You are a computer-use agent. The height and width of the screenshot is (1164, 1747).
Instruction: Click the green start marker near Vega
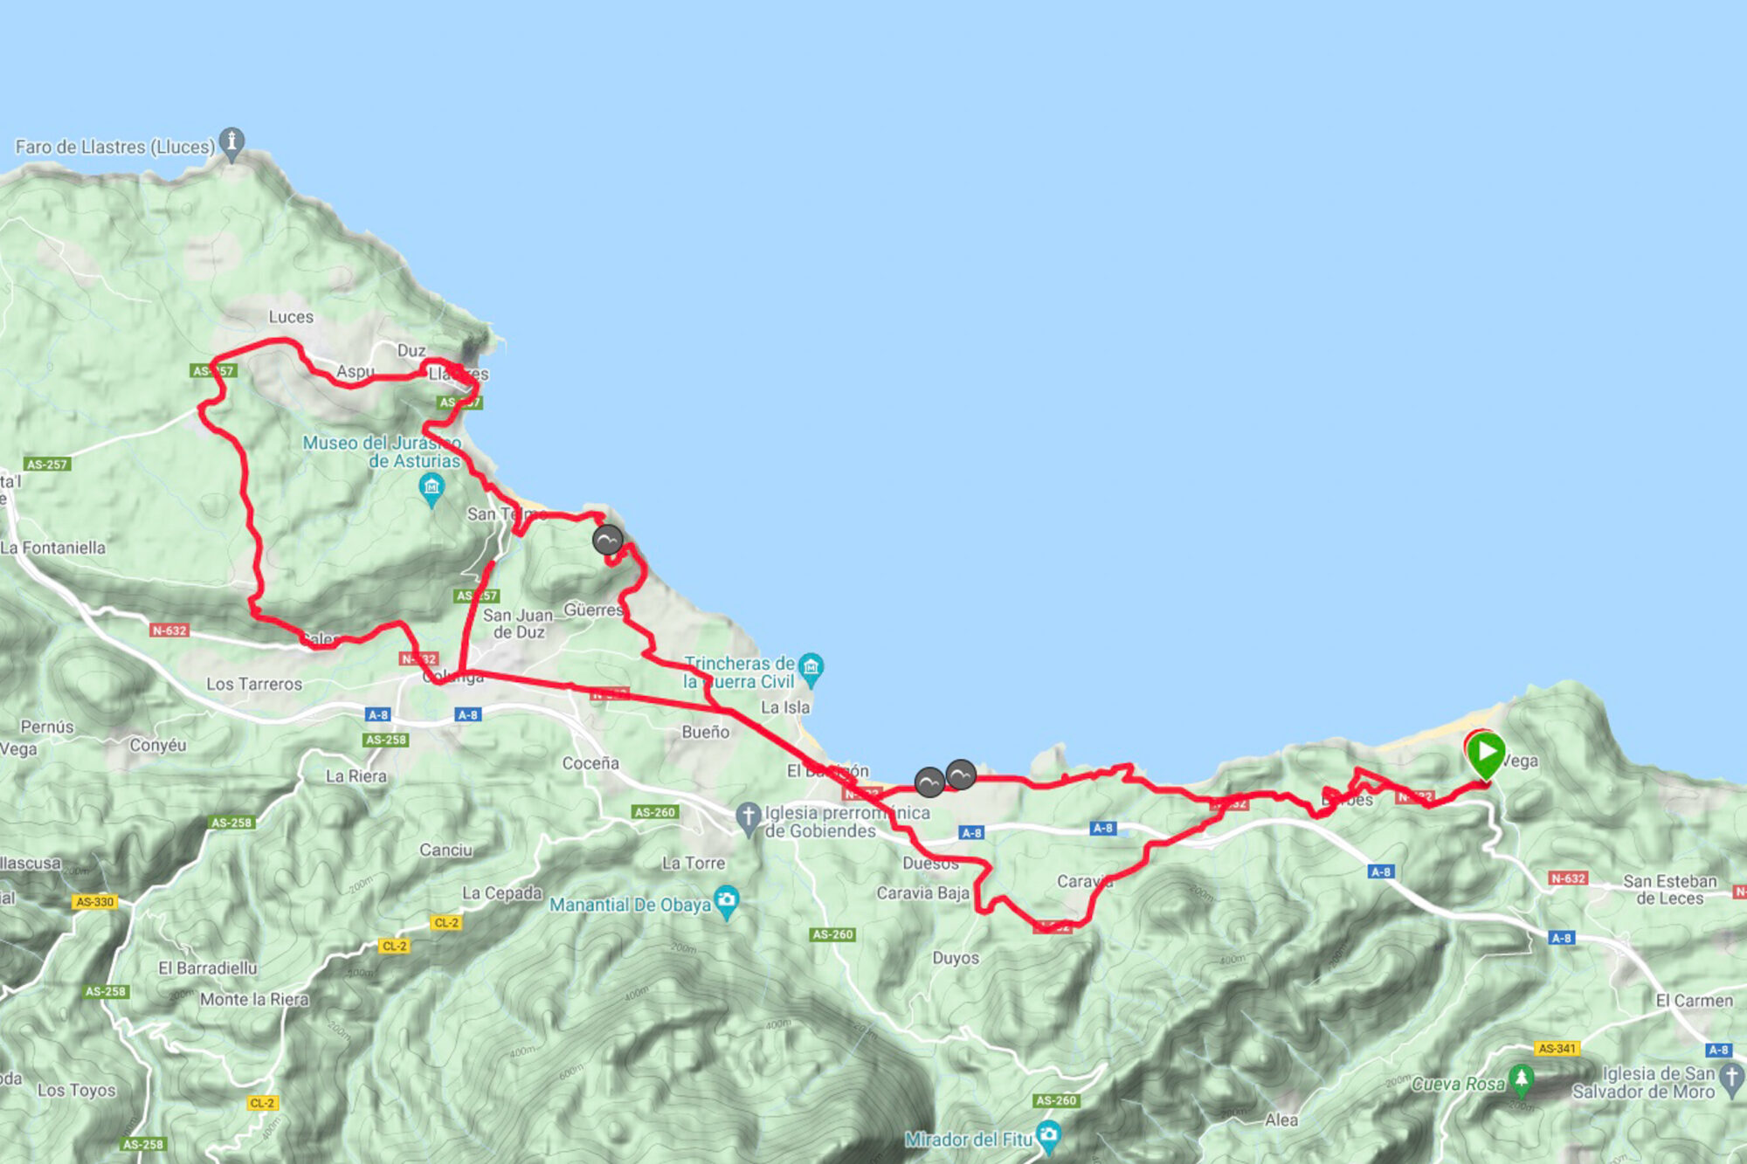click(x=1485, y=753)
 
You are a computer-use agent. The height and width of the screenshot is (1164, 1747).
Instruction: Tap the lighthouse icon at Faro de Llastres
click(x=231, y=142)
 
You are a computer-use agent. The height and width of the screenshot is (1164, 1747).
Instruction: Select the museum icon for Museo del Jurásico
click(x=432, y=487)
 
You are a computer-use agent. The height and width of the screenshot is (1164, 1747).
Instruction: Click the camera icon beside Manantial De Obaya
click(x=727, y=900)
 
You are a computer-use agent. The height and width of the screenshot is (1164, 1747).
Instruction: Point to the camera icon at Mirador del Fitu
click(x=1048, y=1136)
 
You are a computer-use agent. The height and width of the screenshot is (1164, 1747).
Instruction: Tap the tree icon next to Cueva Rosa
click(x=1521, y=1078)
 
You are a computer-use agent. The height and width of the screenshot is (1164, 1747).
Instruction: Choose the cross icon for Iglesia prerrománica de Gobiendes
click(x=748, y=817)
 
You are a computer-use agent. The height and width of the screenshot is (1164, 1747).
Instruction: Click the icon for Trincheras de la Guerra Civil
click(x=811, y=669)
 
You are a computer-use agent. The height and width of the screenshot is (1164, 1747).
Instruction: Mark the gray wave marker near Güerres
click(x=608, y=540)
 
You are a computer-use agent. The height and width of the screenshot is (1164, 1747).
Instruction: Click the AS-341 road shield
click(x=1557, y=1048)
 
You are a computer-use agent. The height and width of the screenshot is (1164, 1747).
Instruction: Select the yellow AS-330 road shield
click(x=95, y=901)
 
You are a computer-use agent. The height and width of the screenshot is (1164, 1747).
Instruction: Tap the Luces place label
click(x=291, y=317)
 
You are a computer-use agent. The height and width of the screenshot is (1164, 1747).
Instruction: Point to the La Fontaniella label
click(x=53, y=548)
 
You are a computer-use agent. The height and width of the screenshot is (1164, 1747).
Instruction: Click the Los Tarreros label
click(x=254, y=684)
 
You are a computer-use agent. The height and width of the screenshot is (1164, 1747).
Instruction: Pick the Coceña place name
click(x=590, y=763)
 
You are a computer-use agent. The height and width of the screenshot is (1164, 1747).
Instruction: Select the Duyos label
click(x=956, y=958)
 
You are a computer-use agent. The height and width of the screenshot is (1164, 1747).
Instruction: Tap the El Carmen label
click(x=1695, y=1001)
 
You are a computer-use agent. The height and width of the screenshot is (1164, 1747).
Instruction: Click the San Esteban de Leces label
click(x=1670, y=889)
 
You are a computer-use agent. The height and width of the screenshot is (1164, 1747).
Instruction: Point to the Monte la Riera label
click(x=254, y=999)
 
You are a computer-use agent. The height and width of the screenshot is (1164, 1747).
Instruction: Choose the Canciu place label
click(x=445, y=850)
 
